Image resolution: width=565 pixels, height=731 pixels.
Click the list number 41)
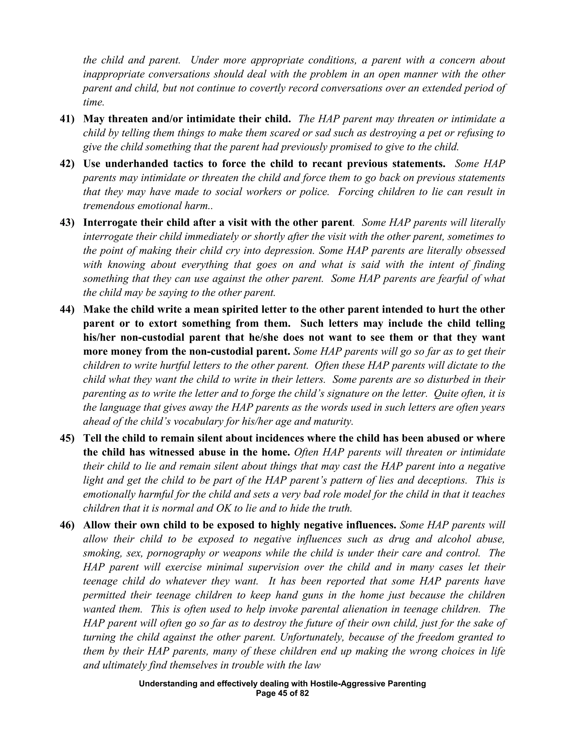coord(67,119)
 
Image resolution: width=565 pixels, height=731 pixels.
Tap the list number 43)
coord(67,223)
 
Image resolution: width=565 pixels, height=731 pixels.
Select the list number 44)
coord(67,310)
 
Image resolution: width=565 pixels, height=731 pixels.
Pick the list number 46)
coord(67,525)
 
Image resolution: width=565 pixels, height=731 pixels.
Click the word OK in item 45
coord(223,508)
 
